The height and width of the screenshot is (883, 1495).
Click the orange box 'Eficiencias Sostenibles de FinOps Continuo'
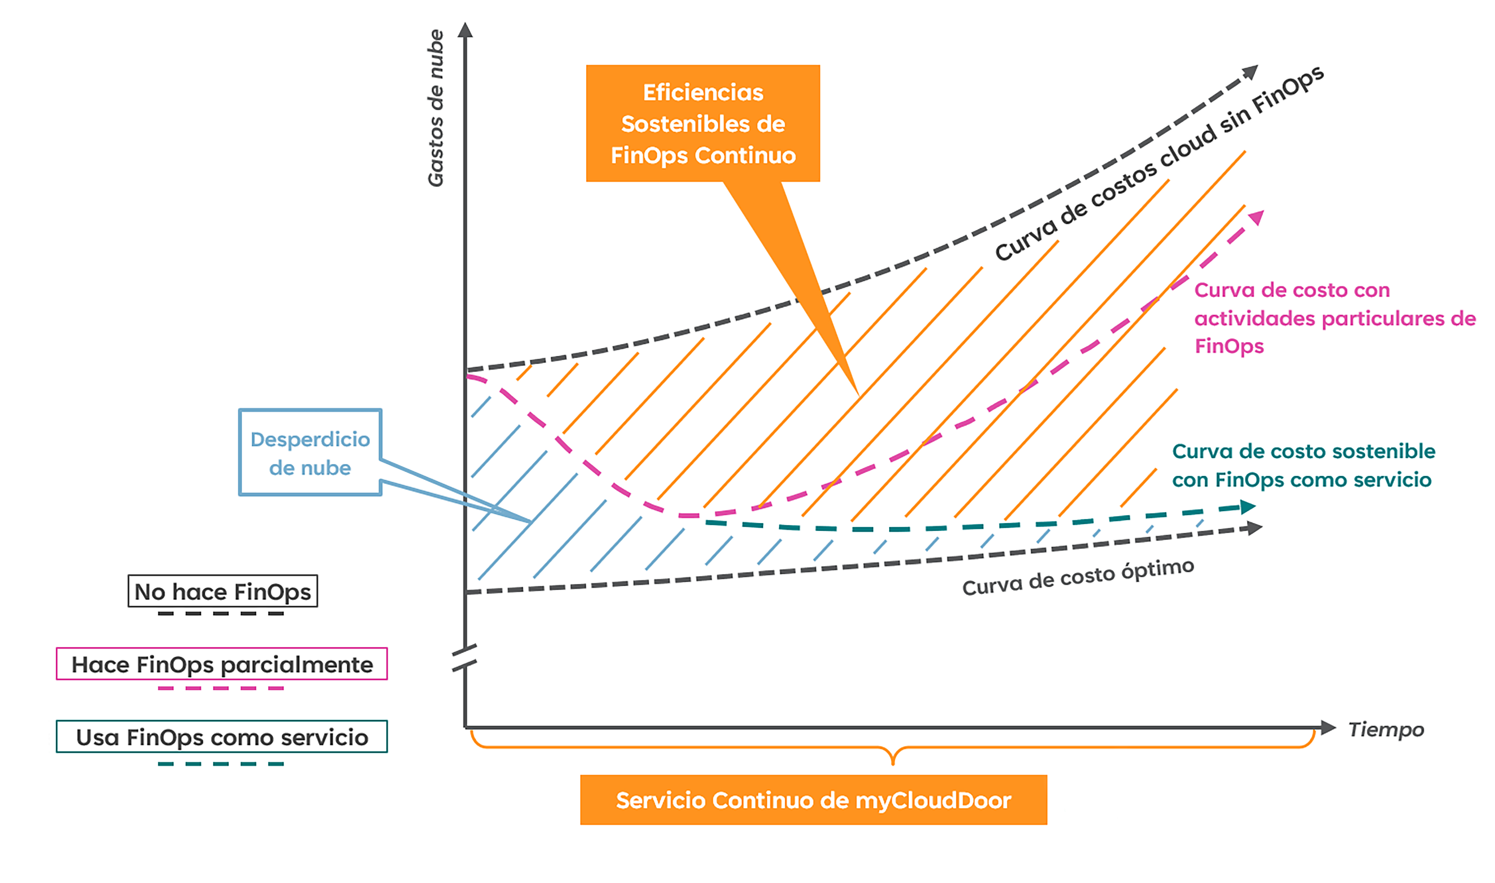point(703,123)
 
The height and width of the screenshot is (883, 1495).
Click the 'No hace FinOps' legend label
point(223,591)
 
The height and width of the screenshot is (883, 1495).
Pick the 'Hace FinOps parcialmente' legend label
point(222,664)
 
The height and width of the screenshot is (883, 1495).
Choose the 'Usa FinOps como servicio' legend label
point(222,737)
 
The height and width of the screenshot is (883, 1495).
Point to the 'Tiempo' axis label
point(1386,729)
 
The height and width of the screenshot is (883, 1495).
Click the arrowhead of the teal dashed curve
point(1248,507)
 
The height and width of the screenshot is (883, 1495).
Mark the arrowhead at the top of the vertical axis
point(465,30)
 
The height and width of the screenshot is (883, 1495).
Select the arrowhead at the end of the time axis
point(1329,727)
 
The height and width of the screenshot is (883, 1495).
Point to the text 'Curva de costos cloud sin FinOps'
point(1159,163)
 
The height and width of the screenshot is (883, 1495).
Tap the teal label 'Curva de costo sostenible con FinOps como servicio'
point(1303,465)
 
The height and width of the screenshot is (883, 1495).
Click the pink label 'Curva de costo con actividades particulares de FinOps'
point(1335,318)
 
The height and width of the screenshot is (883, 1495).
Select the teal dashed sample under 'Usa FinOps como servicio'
point(221,763)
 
